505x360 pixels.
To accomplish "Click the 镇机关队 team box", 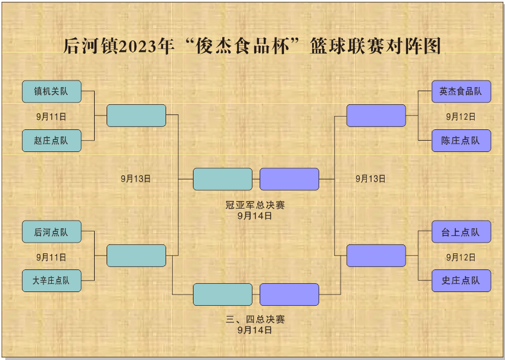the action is coord(51,92).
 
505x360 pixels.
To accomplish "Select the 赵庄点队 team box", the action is coord(51,141).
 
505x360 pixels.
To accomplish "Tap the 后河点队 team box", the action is coord(51,232).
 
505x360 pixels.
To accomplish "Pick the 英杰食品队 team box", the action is coord(461,92).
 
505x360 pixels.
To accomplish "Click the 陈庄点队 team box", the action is coord(461,141).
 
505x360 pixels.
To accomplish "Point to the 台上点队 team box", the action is coord(461,232).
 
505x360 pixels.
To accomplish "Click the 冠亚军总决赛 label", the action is coord(255,205).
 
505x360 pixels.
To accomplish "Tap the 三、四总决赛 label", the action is coord(255,319).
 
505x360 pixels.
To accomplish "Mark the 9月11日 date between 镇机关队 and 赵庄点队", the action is coord(51,117).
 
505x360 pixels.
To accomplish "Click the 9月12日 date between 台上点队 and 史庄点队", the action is coord(461,257).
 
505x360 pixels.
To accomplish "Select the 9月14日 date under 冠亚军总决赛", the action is coord(255,216).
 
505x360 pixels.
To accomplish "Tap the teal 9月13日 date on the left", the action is coord(136,178).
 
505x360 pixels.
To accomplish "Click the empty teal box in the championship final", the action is coord(223,179).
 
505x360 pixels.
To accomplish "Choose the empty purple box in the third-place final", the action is coord(289,294).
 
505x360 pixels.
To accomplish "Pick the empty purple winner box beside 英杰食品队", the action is coord(376,116).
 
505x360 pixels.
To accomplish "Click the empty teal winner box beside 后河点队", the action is coord(136,256).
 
